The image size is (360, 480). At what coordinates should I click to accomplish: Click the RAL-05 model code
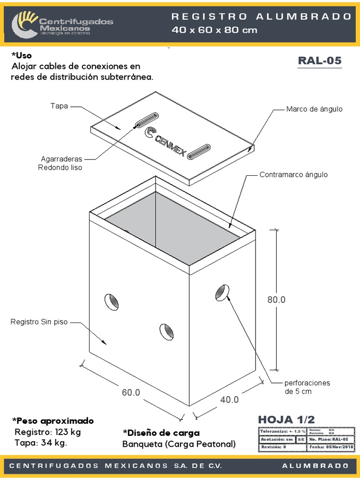pyautogui.click(x=320, y=61)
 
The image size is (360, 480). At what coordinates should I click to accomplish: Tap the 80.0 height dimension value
pyautogui.click(x=277, y=300)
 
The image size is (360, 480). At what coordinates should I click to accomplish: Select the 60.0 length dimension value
pyautogui.click(x=131, y=393)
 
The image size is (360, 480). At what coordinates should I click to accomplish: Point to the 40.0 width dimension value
pyautogui.click(x=230, y=399)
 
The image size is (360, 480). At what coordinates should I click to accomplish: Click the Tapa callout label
pyautogui.click(x=59, y=106)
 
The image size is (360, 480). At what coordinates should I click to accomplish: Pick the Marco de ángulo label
pyautogui.click(x=314, y=109)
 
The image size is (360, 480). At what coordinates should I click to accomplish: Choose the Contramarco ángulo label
pyautogui.click(x=293, y=175)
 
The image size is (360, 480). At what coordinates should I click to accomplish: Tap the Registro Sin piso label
pyautogui.click(x=39, y=322)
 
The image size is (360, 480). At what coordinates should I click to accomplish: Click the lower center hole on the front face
pyautogui.click(x=166, y=331)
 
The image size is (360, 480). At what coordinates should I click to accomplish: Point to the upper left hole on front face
pyautogui.click(x=112, y=301)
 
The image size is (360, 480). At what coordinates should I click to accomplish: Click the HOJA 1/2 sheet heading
pyautogui.click(x=286, y=419)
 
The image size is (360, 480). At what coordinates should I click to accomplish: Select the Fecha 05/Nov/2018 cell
pyautogui.click(x=331, y=447)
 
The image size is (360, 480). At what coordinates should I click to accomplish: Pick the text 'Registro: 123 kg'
pyautogui.click(x=48, y=432)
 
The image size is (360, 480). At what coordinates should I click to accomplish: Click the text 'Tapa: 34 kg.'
pyautogui.click(x=41, y=443)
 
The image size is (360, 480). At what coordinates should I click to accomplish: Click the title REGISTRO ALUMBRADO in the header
pyautogui.click(x=262, y=16)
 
